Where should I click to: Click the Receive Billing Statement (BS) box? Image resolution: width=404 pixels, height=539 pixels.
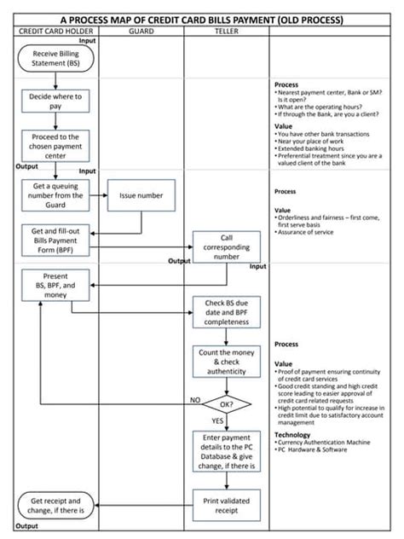click(56, 60)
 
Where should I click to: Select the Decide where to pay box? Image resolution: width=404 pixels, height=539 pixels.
click(56, 102)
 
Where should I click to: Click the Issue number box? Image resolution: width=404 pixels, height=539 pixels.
click(141, 195)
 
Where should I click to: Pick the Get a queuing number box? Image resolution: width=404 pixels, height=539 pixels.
click(56, 195)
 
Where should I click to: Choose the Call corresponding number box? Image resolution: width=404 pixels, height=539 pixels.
click(226, 246)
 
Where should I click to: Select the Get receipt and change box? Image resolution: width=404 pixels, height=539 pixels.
click(56, 506)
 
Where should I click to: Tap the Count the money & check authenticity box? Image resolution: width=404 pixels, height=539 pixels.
click(226, 361)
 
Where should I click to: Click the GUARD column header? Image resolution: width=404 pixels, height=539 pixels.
click(141, 31)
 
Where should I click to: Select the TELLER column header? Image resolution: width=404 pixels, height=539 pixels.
click(226, 31)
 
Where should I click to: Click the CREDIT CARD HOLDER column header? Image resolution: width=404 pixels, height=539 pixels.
click(56, 31)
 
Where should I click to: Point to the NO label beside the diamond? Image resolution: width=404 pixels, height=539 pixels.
click(195, 398)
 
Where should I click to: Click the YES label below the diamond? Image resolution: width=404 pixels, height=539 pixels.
click(217, 420)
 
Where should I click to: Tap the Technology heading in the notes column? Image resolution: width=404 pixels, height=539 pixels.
click(292, 434)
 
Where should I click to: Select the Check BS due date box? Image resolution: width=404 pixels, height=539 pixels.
click(226, 312)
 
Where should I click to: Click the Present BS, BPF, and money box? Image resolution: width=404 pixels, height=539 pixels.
click(56, 287)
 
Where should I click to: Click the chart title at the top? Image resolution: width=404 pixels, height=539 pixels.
click(202, 18)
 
